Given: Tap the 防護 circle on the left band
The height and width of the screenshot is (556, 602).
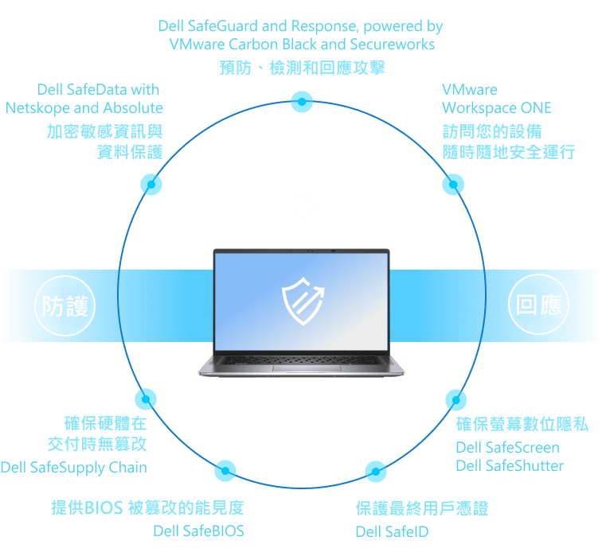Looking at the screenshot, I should [x=65, y=305].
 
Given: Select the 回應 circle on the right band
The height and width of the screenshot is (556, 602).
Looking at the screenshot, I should [x=538, y=305].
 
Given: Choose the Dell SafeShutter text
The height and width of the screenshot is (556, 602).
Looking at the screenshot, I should [x=509, y=466].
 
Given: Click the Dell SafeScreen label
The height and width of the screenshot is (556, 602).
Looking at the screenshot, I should [x=507, y=448].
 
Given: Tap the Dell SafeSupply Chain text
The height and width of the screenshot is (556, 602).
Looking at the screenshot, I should [x=74, y=468].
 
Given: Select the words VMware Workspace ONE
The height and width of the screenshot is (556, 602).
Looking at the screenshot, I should [x=496, y=99].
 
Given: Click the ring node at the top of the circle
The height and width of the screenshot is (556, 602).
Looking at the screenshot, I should [x=301, y=101].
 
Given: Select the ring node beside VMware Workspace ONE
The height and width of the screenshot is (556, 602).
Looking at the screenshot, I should [x=452, y=185].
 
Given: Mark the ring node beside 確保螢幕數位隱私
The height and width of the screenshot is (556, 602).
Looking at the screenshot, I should [x=455, y=399].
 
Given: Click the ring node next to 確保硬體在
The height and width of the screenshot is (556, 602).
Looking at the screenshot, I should [x=146, y=399].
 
